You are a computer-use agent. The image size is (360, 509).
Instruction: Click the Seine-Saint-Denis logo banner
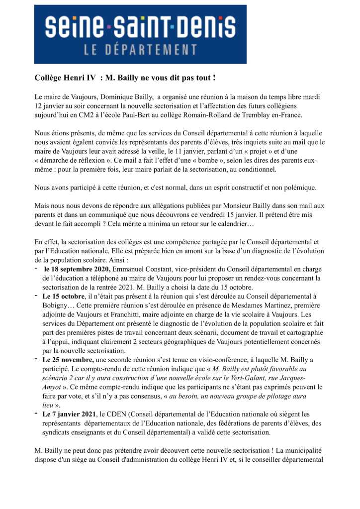coord(140,34)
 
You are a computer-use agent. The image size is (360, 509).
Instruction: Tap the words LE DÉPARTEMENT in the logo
coord(140,50)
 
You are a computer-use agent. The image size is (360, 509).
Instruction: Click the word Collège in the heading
coord(50,79)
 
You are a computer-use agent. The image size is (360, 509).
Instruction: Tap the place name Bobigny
coord(57,305)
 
